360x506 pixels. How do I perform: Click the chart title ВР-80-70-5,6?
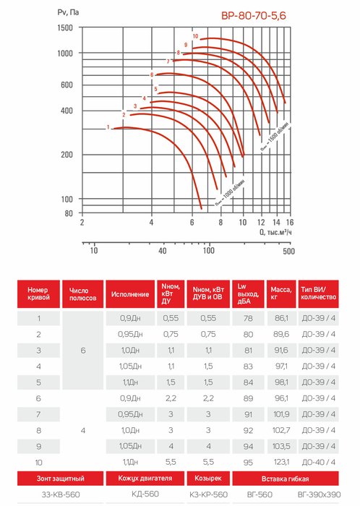click(x=254, y=15)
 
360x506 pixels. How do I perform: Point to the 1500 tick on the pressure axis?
click(x=65, y=27)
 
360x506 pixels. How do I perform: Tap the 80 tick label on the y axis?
click(x=69, y=213)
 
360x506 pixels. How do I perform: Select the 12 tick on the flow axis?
click(x=261, y=223)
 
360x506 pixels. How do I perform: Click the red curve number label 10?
click(x=195, y=36)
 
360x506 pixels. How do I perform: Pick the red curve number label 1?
click(x=108, y=127)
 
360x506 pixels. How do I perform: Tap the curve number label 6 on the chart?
click(x=152, y=75)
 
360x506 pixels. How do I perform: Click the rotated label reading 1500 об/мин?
click(x=275, y=137)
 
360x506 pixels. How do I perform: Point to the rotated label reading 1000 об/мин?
click(x=230, y=193)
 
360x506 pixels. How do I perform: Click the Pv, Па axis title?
click(x=68, y=12)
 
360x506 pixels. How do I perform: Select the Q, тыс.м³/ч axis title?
click(x=275, y=232)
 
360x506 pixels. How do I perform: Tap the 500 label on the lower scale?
click(x=288, y=251)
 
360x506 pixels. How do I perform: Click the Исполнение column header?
click(x=130, y=294)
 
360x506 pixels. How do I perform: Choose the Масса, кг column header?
click(x=281, y=293)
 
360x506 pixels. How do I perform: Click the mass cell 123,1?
click(x=281, y=462)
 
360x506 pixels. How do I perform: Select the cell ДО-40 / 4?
click(x=318, y=462)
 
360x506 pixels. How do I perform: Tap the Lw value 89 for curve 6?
click(x=248, y=398)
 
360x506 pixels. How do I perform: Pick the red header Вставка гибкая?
click(x=285, y=479)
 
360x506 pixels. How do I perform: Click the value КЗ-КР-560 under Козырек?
click(x=208, y=494)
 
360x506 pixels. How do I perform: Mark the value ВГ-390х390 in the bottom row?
click(x=319, y=494)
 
